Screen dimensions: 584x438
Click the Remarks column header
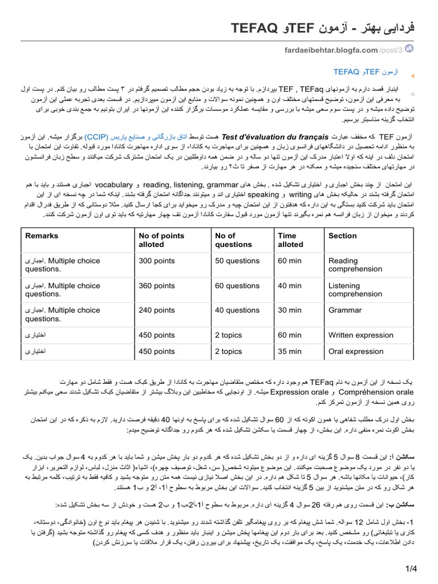(x=42, y=236)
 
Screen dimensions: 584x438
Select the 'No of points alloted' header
(x=161, y=240)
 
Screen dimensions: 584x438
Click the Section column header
(x=342, y=236)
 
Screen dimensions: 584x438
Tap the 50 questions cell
(x=237, y=261)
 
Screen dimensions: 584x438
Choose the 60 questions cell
(x=237, y=286)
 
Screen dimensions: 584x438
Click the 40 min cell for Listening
(x=289, y=286)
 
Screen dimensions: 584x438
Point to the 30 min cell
(x=289, y=310)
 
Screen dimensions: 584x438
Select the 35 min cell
(x=289, y=351)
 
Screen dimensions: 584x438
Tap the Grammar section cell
(x=345, y=310)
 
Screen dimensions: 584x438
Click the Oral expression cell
(x=356, y=351)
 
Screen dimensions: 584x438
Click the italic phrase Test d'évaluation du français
(x=275, y=137)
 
